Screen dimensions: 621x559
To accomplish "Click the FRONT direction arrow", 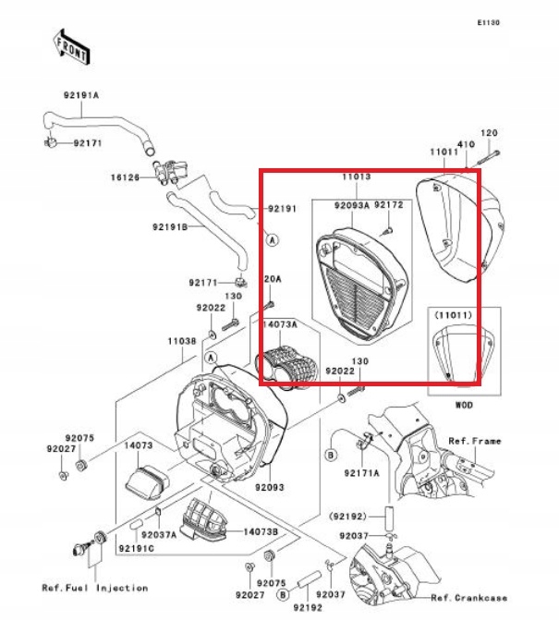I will (71, 45).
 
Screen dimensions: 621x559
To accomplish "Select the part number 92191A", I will (81, 96).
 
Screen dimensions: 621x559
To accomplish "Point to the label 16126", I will (127, 177).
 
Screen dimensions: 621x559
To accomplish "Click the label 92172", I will (389, 205).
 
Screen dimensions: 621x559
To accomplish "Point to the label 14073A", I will (279, 325).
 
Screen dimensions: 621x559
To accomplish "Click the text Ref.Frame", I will (475, 442).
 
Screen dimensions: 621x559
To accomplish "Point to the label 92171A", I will (362, 473).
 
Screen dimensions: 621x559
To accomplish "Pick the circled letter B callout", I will (330, 456).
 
